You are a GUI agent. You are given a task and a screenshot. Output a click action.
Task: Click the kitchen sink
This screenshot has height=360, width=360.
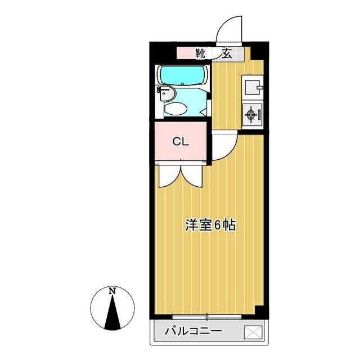click(251, 87)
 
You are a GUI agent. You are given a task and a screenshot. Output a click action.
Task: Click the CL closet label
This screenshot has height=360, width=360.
click(180, 141)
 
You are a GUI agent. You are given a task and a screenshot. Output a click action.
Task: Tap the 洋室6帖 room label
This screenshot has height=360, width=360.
click(210, 226)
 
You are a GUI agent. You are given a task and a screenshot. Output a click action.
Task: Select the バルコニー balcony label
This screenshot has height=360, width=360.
click(193, 331)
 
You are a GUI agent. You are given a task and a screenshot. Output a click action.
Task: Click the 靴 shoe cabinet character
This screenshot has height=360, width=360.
click(200, 54)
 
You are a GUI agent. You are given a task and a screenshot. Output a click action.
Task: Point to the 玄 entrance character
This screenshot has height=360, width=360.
click(226, 54)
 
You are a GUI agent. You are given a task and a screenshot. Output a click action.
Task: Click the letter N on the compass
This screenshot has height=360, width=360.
click(112, 291)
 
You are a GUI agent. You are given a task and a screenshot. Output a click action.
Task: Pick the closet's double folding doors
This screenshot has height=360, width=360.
click(180, 174)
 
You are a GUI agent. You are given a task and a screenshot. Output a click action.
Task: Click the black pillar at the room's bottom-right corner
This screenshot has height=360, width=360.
click(260, 310)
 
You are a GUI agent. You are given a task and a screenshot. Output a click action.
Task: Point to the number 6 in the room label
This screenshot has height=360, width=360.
click(217, 226)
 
